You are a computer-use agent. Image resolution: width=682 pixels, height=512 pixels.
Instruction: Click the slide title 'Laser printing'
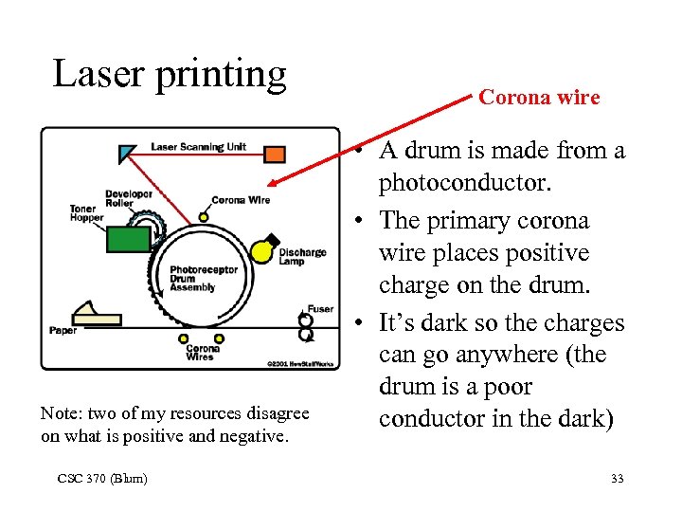pos(170,74)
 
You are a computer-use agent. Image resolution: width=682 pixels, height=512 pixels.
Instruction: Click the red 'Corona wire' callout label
pos(539,97)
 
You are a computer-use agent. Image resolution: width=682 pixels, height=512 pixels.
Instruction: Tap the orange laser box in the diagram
pos(274,155)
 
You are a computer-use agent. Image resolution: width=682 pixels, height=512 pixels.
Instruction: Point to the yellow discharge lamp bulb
pos(260,251)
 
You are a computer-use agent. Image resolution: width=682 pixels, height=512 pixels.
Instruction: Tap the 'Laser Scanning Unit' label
pos(199,147)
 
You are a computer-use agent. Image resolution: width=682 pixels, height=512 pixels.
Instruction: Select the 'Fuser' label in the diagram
pos(320,309)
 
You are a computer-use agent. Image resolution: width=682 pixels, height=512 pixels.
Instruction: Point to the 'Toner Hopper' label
pos(86,212)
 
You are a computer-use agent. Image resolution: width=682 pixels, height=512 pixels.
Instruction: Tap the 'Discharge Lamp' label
pos(302,257)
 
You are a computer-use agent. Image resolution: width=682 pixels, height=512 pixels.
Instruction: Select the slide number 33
pos(617,479)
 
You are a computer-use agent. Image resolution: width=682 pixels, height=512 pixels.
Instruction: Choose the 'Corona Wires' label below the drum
pos(202,353)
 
